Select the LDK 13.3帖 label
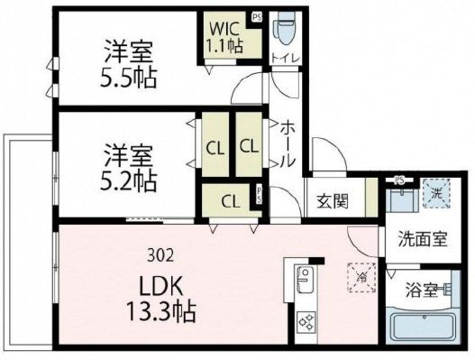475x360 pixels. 163,299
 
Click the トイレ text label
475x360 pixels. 286,61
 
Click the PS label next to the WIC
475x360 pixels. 257,16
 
